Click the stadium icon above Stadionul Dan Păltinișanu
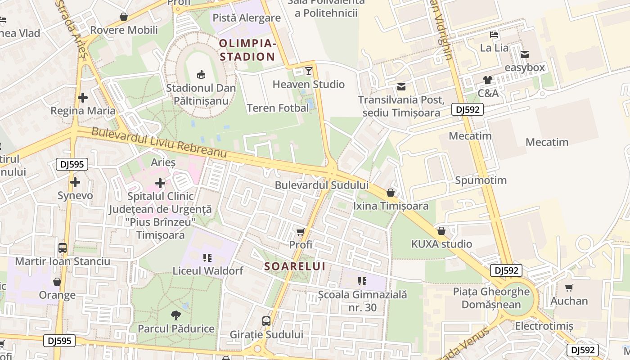pyautogui.click(x=201, y=74)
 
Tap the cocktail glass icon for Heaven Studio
pyautogui.click(x=309, y=71)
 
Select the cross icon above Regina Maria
pyautogui.click(x=83, y=97)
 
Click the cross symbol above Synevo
pyautogui.click(x=75, y=182)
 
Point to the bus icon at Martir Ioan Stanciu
pyautogui.click(x=63, y=248)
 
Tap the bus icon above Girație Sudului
pyautogui.click(x=266, y=321)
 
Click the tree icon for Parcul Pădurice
pyautogui.click(x=176, y=315)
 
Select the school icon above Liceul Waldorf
pyautogui.click(x=207, y=258)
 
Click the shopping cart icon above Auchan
pyautogui.click(x=569, y=288)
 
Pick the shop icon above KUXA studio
pyautogui.click(x=441, y=231)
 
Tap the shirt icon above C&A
pyautogui.click(x=488, y=80)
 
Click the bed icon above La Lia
pyautogui.click(x=494, y=35)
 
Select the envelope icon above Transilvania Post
pyautogui.click(x=401, y=86)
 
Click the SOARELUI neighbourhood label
pyautogui.click(x=295, y=266)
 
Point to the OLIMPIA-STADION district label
pyautogui.click(x=247, y=50)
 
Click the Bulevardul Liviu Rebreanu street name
pyautogui.click(x=159, y=143)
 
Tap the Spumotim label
pyautogui.click(x=481, y=180)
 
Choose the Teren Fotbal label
pyautogui.click(x=278, y=108)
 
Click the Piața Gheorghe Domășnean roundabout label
pyautogui.click(x=491, y=298)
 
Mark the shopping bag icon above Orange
pyautogui.click(x=57, y=282)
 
